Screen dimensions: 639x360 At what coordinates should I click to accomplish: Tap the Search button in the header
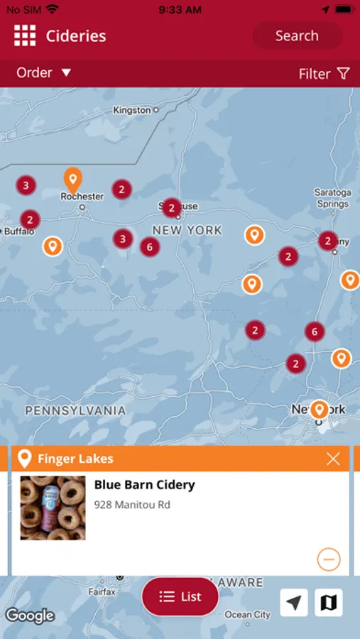297,35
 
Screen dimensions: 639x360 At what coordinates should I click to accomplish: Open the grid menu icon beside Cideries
25,35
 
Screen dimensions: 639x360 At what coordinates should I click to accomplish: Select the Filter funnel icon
344,73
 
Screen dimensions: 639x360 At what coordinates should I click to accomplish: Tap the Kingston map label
132,110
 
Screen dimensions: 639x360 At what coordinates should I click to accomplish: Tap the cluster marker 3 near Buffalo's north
26,186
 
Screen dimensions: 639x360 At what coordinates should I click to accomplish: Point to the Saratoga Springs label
333,198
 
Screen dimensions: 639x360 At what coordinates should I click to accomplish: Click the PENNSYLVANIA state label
75,410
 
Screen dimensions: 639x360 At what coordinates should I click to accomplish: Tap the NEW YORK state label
187,230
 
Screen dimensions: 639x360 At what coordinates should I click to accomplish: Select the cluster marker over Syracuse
172,207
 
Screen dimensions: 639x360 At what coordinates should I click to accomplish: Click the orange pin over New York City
320,409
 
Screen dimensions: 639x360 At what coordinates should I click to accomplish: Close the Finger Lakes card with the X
333,459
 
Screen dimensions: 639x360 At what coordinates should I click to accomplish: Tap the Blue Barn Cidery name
144,485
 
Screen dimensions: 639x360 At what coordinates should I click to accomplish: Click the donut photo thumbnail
53,508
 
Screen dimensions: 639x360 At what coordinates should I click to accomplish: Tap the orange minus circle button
328,559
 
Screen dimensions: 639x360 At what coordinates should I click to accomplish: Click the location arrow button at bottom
294,603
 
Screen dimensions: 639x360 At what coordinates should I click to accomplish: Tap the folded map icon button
328,603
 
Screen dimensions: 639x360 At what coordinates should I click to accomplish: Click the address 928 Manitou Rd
132,505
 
